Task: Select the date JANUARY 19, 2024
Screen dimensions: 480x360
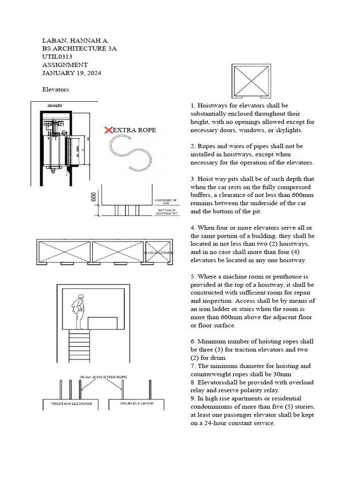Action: point(72,73)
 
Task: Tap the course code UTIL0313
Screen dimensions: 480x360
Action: point(57,57)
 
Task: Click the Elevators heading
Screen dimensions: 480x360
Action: point(55,89)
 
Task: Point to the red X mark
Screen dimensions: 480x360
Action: point(108,129)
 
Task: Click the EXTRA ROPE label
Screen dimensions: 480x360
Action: point(135,129)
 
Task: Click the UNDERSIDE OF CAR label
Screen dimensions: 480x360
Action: point(165,202)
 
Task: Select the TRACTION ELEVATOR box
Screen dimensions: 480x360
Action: point(71,403)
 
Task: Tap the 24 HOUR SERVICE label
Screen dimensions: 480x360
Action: point(159,253)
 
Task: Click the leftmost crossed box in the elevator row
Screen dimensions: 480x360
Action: point(63,252)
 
